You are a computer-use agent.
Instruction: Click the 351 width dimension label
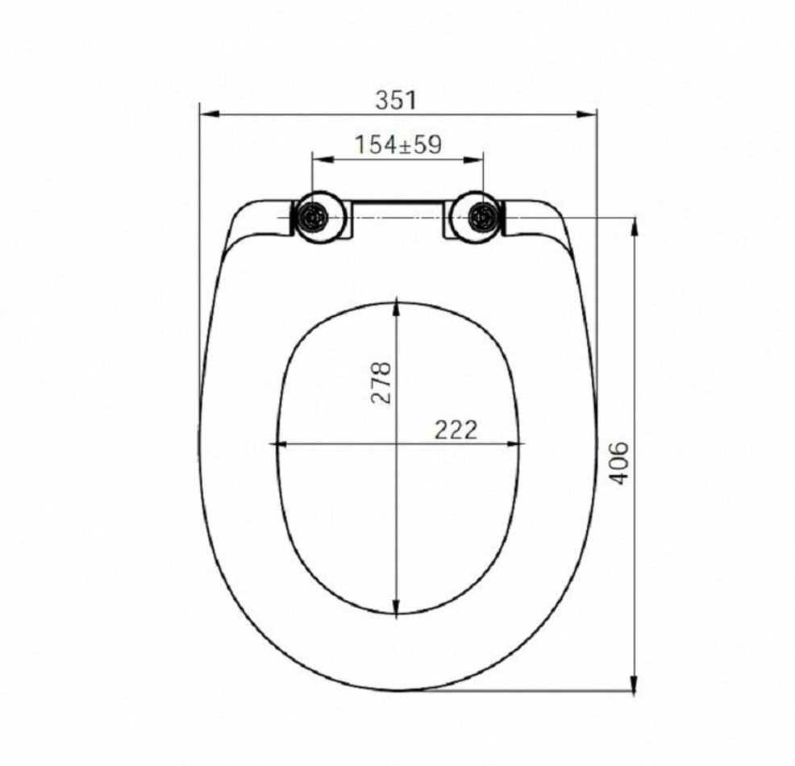pos(396,100)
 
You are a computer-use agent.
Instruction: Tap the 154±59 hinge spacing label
pos(398,144)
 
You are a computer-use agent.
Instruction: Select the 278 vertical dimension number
pos(381,382)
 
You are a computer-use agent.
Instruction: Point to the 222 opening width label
pos(456,431)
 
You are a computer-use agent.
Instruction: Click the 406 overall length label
pos(618,464)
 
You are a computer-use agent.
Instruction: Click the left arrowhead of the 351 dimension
pos(208,114)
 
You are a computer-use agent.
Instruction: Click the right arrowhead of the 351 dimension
pos(588,114)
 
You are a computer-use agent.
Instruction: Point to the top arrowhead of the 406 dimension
pos(634,226)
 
